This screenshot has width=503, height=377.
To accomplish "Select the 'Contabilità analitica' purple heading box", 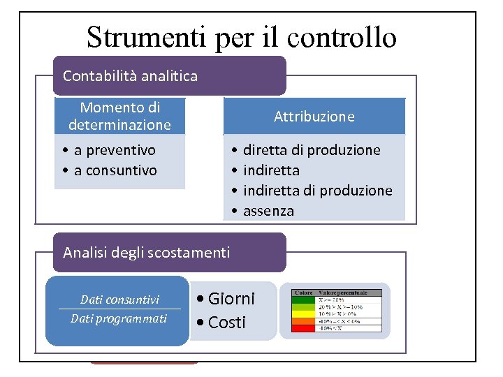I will coord(170,75).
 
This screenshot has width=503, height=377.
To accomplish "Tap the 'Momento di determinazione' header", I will coord(119,116).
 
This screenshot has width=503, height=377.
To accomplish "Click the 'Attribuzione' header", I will coord(314,117).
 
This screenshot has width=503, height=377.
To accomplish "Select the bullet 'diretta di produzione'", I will coord(312,150).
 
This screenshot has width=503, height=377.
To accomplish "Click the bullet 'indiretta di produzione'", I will coord(317,191).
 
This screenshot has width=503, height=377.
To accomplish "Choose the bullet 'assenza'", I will coord(268,211).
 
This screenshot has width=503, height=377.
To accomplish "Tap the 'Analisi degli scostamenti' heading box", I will coord(170,252).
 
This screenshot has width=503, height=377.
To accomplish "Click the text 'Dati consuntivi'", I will coord(119,300).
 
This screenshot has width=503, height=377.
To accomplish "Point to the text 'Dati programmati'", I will coord(119,318).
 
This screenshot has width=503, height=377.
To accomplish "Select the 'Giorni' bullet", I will coord(231,299).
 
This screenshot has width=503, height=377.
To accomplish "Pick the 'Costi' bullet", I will coord(227,322).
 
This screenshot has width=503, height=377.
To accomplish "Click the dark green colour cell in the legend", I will coord(303,299).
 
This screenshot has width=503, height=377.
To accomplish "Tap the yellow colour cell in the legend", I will coord(303,313).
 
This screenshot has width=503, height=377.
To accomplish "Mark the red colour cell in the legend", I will coord(303,327).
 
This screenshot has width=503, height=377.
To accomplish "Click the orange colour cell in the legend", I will coord(303,320).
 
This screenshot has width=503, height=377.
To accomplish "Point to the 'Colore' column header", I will coord(303,292).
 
